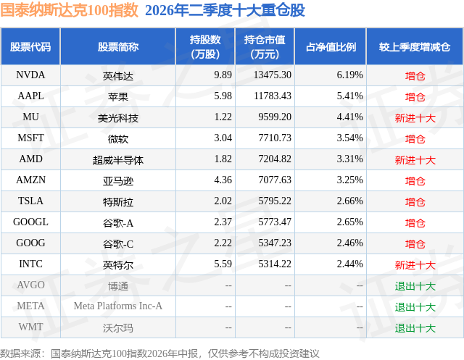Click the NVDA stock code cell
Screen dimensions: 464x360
[30, 75]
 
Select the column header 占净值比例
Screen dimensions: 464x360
[331, 47]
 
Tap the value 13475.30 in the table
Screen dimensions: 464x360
[273, 75]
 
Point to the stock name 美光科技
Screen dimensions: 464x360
[117, 118]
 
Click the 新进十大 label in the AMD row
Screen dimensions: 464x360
[415, 160]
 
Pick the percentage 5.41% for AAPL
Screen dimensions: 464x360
[349, 96]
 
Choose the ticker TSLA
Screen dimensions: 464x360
[30, 201]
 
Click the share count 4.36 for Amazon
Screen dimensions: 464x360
[223, 180]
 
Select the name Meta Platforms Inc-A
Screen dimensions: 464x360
[117, 306]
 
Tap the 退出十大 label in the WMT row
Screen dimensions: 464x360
[415, 328]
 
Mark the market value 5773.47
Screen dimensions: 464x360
[275, 222]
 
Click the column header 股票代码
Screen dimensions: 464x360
[30, 47]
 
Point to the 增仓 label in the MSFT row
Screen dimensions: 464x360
[415, 139]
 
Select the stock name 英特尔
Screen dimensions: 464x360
[117, 265]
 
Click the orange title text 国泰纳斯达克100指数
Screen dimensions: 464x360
[69, 9]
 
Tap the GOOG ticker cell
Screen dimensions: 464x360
[30, 243]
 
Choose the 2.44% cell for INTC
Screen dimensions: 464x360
[349, 264]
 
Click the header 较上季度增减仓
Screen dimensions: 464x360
[415, 47]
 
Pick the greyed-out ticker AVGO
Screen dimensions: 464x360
[30, 285]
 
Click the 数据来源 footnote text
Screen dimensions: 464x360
[159, 353]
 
